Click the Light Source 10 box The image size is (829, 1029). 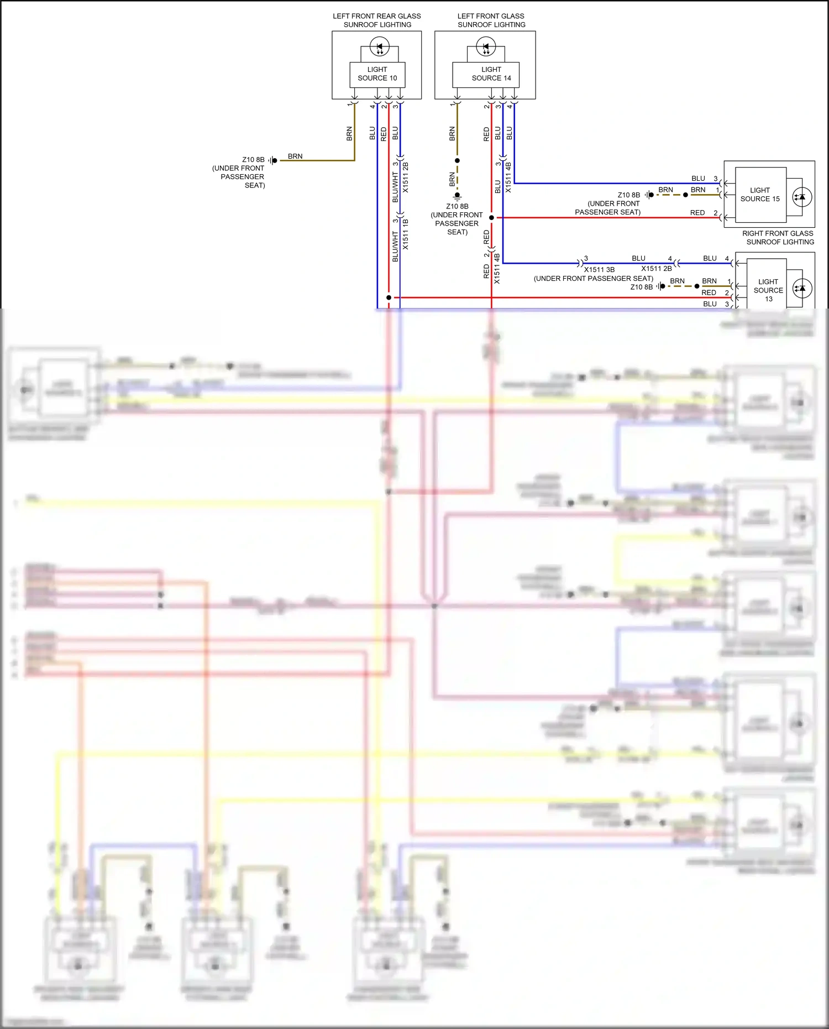point(377,74)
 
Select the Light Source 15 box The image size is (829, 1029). point(760,195)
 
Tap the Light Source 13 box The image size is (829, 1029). point(768,290)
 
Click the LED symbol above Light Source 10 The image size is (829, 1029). point(379,46)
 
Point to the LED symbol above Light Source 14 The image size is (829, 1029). point(486,46)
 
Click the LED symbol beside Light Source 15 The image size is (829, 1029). point(802,197)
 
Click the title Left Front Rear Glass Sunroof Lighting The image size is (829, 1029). point(377,20)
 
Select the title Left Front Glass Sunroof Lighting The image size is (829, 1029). point(491,20)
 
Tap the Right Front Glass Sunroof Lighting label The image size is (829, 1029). point(778,238)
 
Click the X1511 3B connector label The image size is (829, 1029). point(599,270)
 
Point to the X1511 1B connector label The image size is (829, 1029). point(406,234)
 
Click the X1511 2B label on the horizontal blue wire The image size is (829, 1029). point(657,269)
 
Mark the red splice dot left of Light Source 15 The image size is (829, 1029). point(491,218)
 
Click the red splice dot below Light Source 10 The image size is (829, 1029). point(389,297)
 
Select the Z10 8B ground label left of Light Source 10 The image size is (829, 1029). point(253,160)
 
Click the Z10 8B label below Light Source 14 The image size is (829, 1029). point(457,206)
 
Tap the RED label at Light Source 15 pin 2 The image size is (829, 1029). point(697,213)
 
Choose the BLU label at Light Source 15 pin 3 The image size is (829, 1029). point(698,179)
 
